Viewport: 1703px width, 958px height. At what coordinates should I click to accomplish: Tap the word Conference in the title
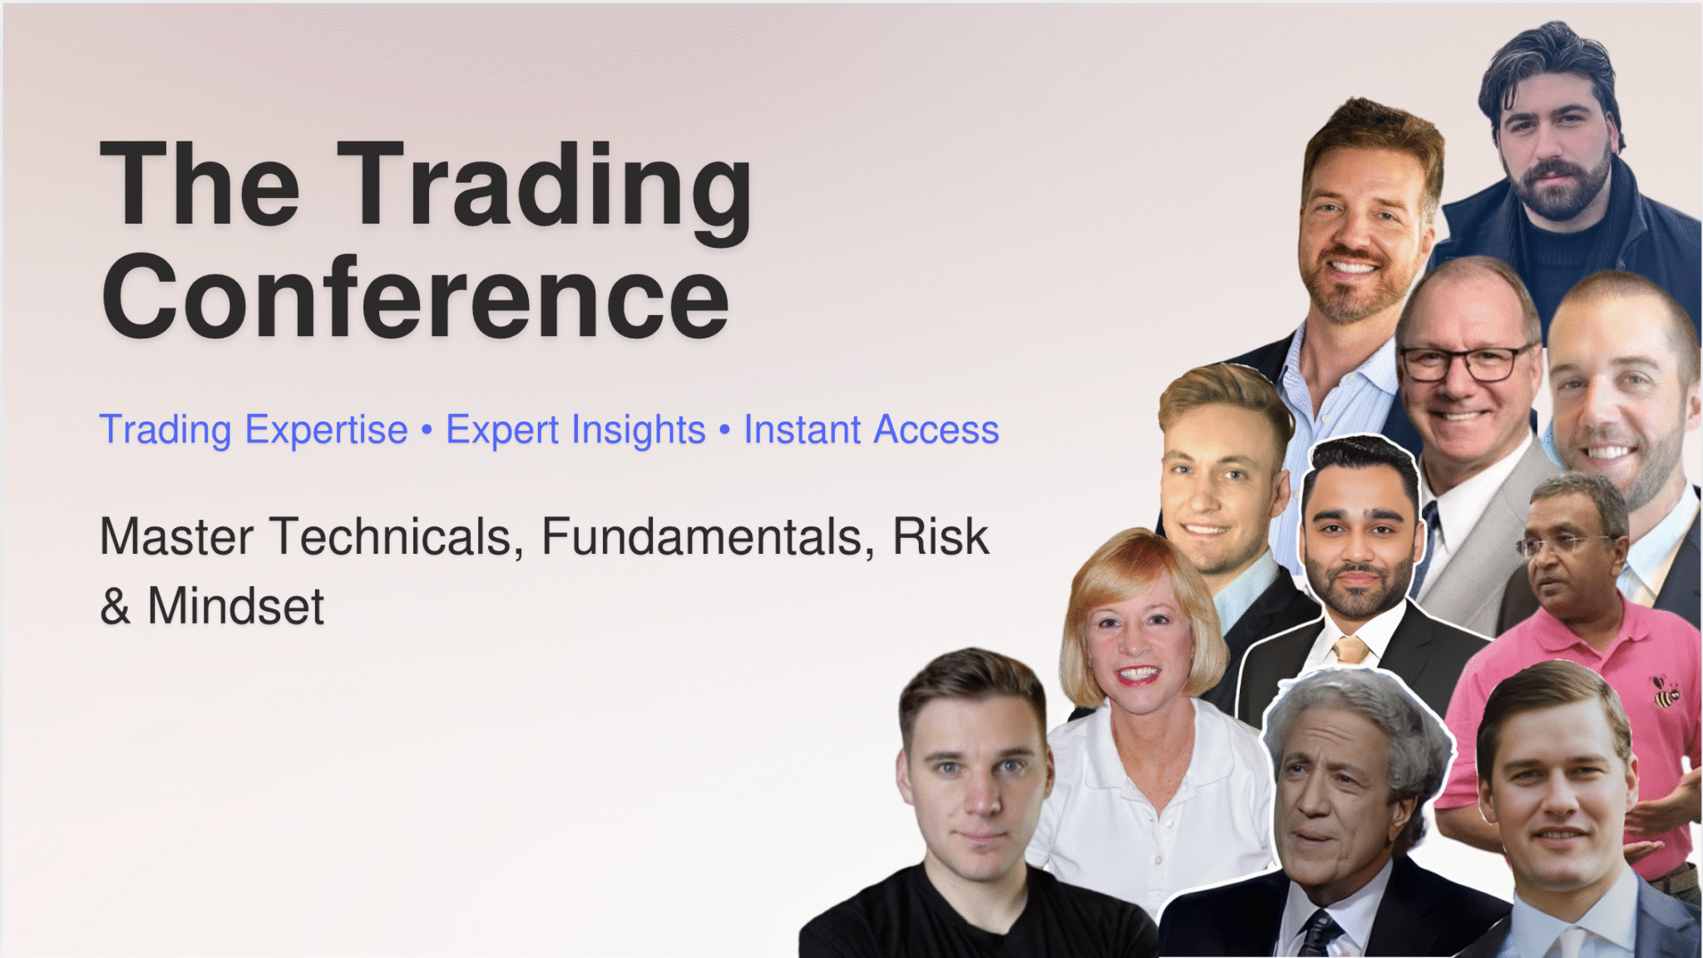pyautogui.click(x=415, y=297)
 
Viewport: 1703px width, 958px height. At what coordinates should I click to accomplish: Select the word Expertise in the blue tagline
pyautogui.click(x=327, y=430)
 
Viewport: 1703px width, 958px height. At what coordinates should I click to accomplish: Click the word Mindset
pyautogui.click(x=235, y=605)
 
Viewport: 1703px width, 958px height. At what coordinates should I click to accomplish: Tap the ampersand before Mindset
pyautogui.click(x=115, y=605)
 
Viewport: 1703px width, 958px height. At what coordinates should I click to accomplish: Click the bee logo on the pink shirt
pyautogui.click(x=1665, y=692)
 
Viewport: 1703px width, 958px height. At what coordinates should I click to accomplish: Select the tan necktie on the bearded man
pyautogui.click(x=1351, y=649)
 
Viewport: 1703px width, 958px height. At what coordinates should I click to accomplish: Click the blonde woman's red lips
pyautogui.click(x=1137, y=675)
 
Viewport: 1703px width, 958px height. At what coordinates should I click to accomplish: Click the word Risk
pyautogui.click(x=940, y=536)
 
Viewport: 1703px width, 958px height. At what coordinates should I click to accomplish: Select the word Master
pyautogui.click(x=177, y=536)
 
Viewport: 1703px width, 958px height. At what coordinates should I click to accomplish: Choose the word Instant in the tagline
pyautogui.click(x=802, y=430)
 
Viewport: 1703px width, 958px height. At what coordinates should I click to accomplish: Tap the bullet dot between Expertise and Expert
pyautogui.click(x=427, y=431)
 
